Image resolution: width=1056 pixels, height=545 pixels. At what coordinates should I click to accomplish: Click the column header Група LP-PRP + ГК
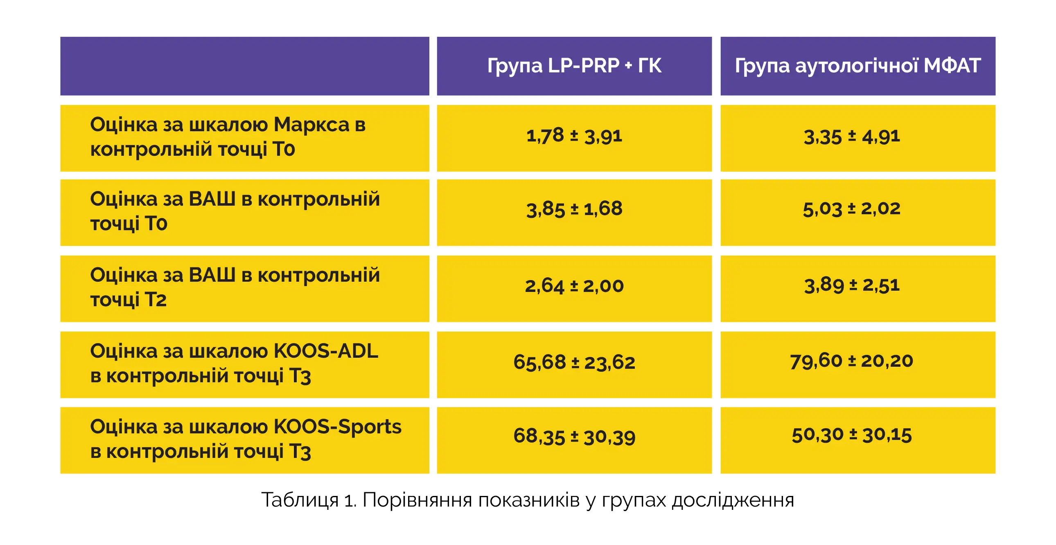(x=574, y=66)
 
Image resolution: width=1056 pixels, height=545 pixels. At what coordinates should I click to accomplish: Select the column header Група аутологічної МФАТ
(x=857, y=66)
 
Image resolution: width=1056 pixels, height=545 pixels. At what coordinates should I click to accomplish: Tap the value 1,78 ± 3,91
(x=574, y=136)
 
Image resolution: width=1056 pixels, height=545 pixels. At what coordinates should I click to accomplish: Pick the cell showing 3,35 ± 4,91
(x=851, y=137)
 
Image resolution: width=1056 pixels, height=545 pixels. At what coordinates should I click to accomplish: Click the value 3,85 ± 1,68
(x=574, y=209)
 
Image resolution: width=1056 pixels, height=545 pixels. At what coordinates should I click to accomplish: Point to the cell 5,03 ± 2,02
(x=851, y=209)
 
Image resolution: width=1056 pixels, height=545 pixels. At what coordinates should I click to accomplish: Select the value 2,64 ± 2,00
(x=574, y=285)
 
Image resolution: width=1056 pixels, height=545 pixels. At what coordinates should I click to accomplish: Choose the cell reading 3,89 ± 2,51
(x=851, y=285)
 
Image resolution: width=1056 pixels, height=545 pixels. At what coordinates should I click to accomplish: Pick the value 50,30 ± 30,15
(x=851, y=435)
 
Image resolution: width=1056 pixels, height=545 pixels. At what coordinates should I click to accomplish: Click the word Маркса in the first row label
(x=311, y=124)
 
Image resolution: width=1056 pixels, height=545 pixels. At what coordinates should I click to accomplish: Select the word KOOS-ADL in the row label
(x=325, y=351)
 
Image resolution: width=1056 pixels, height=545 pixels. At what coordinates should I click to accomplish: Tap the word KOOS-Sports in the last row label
(x=337, y=427)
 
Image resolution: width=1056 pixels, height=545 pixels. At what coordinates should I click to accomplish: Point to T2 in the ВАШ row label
(x=156, y=300)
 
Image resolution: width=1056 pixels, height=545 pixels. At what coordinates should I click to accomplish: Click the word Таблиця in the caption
(x=300, y=500)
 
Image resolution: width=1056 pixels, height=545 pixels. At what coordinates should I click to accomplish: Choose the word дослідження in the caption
(x=733, y=500)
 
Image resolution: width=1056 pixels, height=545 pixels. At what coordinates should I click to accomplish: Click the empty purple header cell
(x=244, y=66)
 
